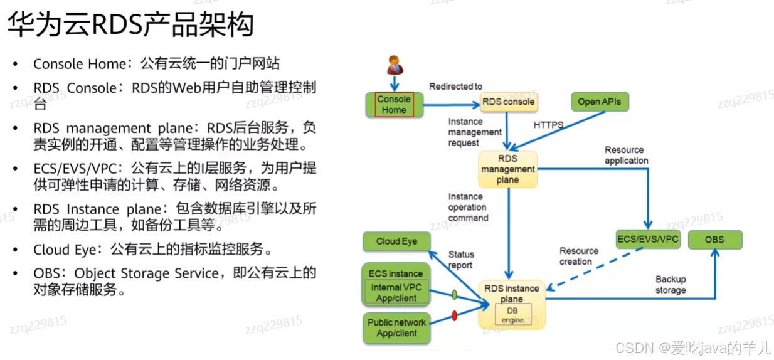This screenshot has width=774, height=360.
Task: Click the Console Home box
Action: tap(394, 104)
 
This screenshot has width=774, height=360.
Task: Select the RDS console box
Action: tap(509, 102)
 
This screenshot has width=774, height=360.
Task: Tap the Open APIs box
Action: tap(599, 102)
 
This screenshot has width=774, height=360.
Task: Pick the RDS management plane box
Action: tap(508, 169)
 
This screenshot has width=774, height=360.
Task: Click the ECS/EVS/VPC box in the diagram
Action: tap(648, 240)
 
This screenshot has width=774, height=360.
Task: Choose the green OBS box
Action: tap(714, 240)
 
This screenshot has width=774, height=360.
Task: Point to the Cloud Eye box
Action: tap(396, 241)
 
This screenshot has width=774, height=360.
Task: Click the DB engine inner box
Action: tap(512, 315)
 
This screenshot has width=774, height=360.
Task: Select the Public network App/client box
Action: tap(396, 328)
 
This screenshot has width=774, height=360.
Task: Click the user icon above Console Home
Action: tap(395, 65)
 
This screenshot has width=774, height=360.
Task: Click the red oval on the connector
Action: tap(455, 316)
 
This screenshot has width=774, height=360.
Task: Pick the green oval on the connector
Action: tap(454, 294)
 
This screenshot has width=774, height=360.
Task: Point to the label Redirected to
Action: tap(455, 87)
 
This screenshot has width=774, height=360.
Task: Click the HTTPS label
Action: tap(548, 125)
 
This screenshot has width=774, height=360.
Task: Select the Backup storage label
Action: tap(671, 285)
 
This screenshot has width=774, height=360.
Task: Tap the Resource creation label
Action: tap(579, 256)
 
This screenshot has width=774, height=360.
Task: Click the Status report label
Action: tap(461, 260)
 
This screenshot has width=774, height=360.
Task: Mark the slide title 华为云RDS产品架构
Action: tap(130, 26)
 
